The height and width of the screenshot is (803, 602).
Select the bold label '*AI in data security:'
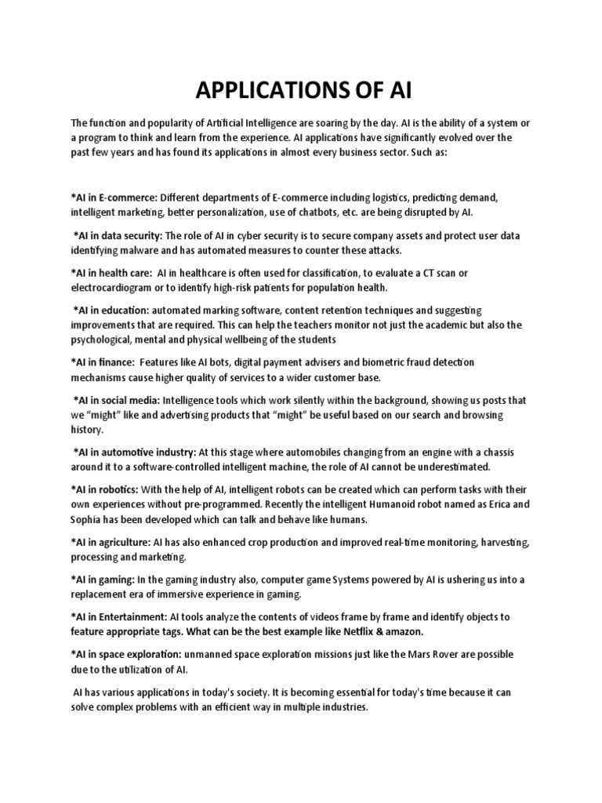[118, 235]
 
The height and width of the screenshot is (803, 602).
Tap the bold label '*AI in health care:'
[111, 273]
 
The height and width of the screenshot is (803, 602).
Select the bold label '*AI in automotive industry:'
[134, 452]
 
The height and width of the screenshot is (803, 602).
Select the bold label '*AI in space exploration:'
[126, 654]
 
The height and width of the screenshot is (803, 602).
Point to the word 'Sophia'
[89, 519]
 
